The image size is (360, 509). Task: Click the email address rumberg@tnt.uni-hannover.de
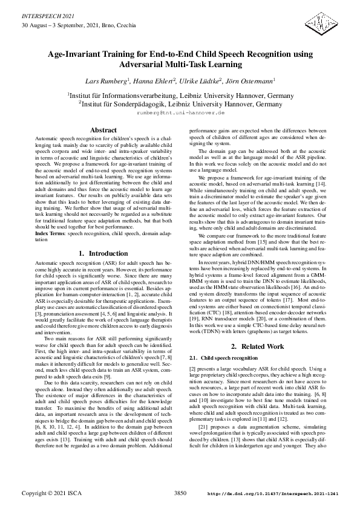pos(180,113)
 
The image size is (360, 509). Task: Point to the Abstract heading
pos(103,131)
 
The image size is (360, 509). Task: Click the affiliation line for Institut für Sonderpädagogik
pos(180,104)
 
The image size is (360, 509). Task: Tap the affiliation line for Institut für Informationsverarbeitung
pos(180,95)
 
